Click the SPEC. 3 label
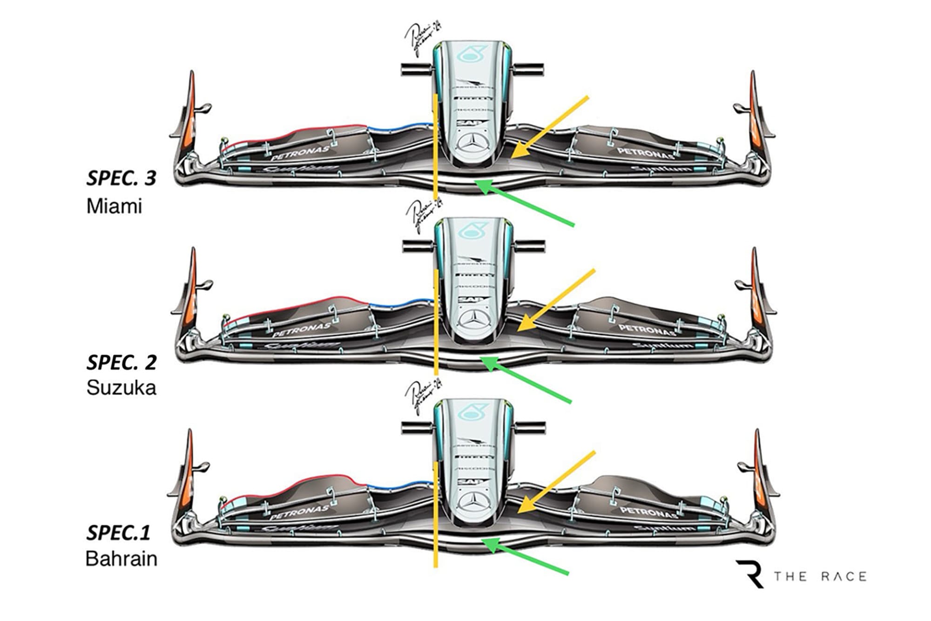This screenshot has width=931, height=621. tap(121, 178)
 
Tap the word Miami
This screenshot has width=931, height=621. tap(114, 206)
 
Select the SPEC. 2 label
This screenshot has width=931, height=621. tap(121, 362)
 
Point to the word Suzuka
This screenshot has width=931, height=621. tap(121, 388)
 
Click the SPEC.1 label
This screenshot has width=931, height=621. tap(118, 532)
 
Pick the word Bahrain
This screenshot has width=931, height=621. tap(121, 559)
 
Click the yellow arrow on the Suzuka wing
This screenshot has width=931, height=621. tap(556, 300)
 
